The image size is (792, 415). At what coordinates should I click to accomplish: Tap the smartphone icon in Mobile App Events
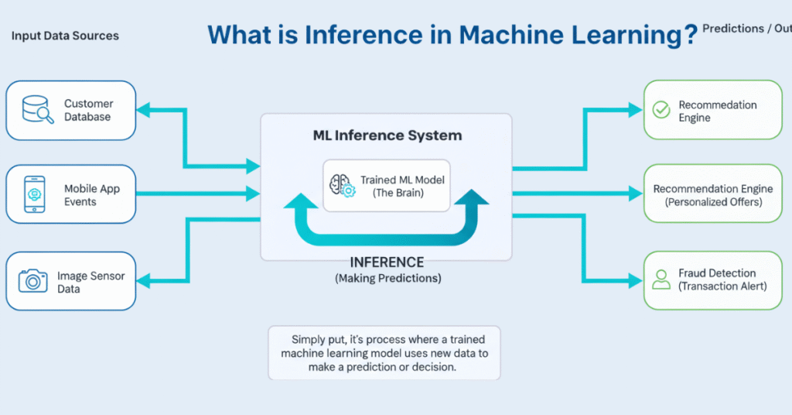point(34,194)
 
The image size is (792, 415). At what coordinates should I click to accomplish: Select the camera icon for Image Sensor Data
point(33,280)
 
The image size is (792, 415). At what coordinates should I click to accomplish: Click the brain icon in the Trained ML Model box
point(342,185)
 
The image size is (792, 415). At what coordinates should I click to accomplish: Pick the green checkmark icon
point(661,110)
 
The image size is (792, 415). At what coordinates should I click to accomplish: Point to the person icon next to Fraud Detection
point(661,280)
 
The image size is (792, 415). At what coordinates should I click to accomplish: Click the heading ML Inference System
point(387,135)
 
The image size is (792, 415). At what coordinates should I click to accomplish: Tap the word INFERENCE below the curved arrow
point(387,262)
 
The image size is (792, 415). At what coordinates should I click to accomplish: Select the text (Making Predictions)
point(387,278)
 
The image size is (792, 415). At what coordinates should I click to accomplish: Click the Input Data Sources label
point(65,36)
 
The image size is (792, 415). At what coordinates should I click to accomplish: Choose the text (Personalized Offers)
point(713,202)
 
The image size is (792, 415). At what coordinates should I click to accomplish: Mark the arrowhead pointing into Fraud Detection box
point(636,280)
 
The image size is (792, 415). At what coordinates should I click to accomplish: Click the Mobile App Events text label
point(91,195)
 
